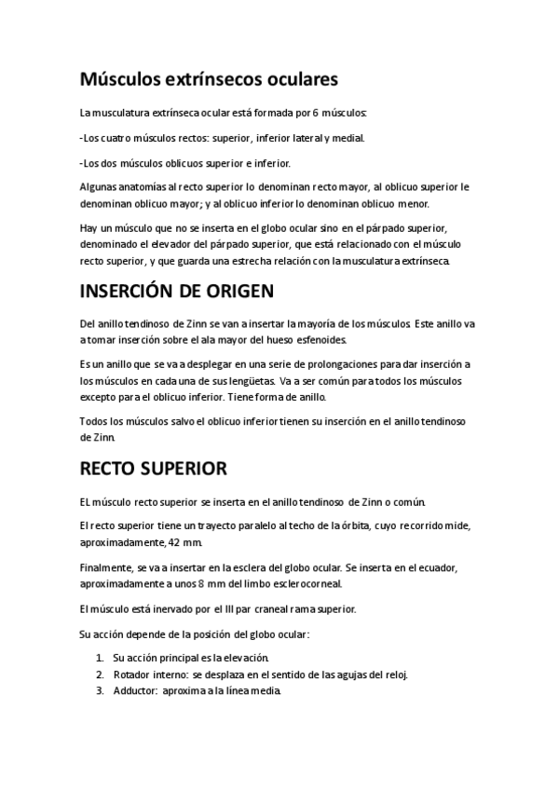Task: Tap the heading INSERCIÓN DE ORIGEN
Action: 177,292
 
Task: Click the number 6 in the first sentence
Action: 315,113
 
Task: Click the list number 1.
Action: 99,657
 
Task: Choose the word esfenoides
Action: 317,340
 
